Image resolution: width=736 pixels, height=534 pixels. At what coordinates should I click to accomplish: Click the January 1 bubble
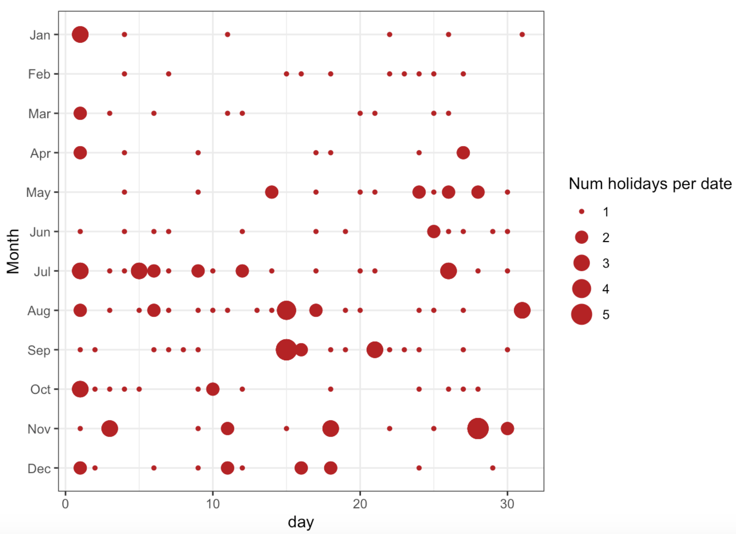click(x=80, y=34)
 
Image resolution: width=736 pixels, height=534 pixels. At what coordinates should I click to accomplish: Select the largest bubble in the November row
click(x=477, y=429)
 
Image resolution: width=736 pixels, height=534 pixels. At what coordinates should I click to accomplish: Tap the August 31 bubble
click(x=522, y=310)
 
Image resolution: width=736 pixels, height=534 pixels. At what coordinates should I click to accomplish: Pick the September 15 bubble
click(x=286, y=350)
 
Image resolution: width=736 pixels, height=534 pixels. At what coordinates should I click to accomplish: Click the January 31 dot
click(x=522, y=34)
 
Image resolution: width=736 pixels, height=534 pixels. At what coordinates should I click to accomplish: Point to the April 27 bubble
click(x=463, y=153)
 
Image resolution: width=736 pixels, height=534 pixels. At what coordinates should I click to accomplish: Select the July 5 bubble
click(x=139, y=271)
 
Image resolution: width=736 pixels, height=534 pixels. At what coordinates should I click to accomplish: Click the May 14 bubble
click(x=272, y=192)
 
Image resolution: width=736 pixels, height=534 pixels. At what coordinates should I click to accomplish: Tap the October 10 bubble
click(x=213, y=389)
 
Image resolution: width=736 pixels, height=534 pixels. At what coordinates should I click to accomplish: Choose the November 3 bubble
click(x=109, y=429)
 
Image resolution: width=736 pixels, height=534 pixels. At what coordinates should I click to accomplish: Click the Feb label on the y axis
click(x=39, y=74)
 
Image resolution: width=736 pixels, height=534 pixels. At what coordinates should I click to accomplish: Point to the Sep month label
click(x=39, y=350)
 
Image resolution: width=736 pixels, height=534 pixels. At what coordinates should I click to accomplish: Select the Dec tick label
click(x=39, y=468)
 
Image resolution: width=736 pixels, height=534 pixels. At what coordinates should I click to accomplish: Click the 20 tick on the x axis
click(x=360, y=504)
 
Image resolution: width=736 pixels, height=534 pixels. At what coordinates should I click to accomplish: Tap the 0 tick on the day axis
click(x=66, y=504)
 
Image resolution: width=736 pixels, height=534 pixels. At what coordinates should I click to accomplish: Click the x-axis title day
click(x=301, y=521)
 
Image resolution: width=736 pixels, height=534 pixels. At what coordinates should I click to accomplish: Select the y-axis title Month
click(x=13, y=251)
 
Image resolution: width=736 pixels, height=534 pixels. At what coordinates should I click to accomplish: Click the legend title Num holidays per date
click(x=650, y=184)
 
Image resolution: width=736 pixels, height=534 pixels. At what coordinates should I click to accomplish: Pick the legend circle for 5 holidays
click(x=581, y=314)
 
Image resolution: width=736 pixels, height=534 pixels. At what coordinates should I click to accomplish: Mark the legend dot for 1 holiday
click(x=581, y=212)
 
